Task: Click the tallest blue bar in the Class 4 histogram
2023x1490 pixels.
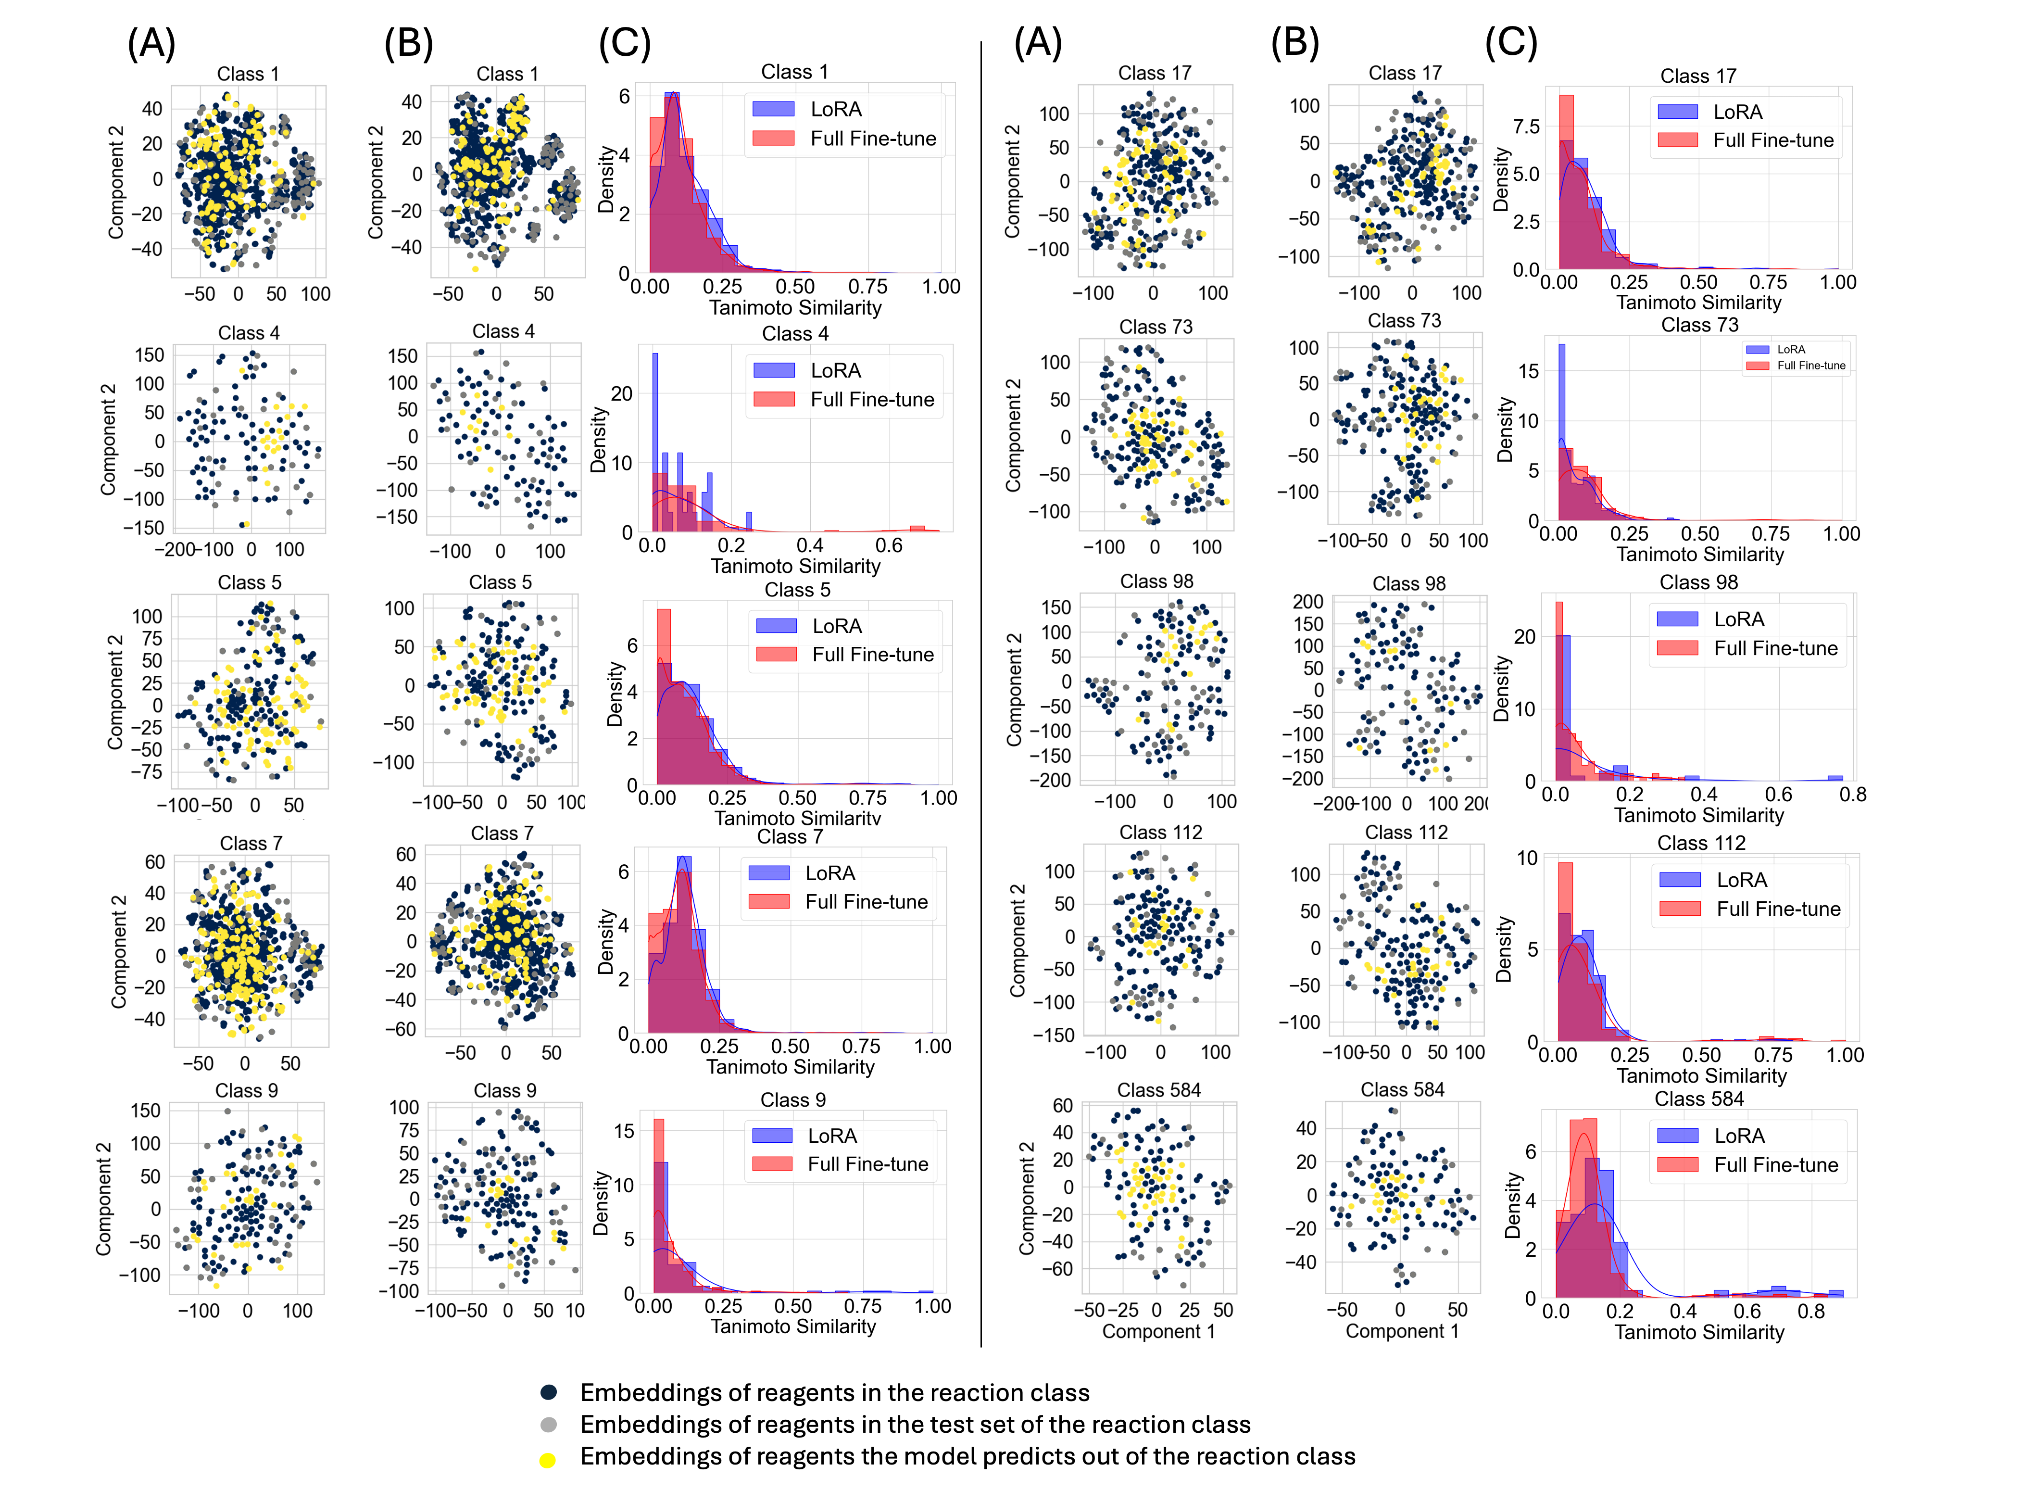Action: pos(655,442)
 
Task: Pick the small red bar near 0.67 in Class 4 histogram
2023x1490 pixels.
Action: pos(917,529)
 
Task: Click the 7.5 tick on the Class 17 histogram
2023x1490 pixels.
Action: pos(1526,126)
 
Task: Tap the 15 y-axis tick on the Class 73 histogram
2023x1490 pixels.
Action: pos(1529,371)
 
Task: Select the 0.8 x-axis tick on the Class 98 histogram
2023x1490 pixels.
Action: pos(1853,795)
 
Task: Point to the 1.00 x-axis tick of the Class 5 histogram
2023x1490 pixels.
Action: pos(939,798)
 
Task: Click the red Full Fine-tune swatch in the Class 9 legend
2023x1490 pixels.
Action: pos(773,1164)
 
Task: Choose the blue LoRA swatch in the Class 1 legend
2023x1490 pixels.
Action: pos(774,109)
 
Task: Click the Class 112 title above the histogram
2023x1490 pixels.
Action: pos(1701,843)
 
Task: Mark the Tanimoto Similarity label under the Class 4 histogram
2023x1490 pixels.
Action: pos(795,567)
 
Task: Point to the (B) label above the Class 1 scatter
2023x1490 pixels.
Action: pos(408,42)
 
